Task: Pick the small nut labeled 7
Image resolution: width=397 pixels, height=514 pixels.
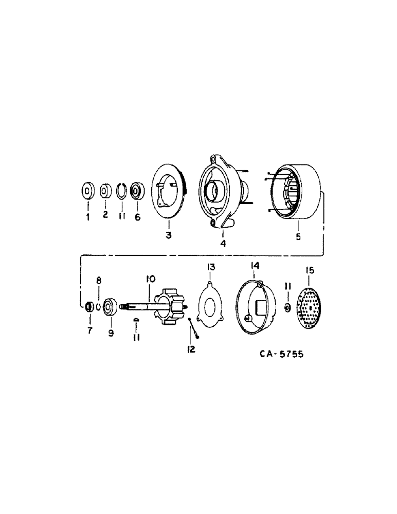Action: [88, 307]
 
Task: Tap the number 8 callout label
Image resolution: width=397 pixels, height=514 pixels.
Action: [100, 281]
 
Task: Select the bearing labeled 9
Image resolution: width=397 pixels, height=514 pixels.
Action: [110, 307]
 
